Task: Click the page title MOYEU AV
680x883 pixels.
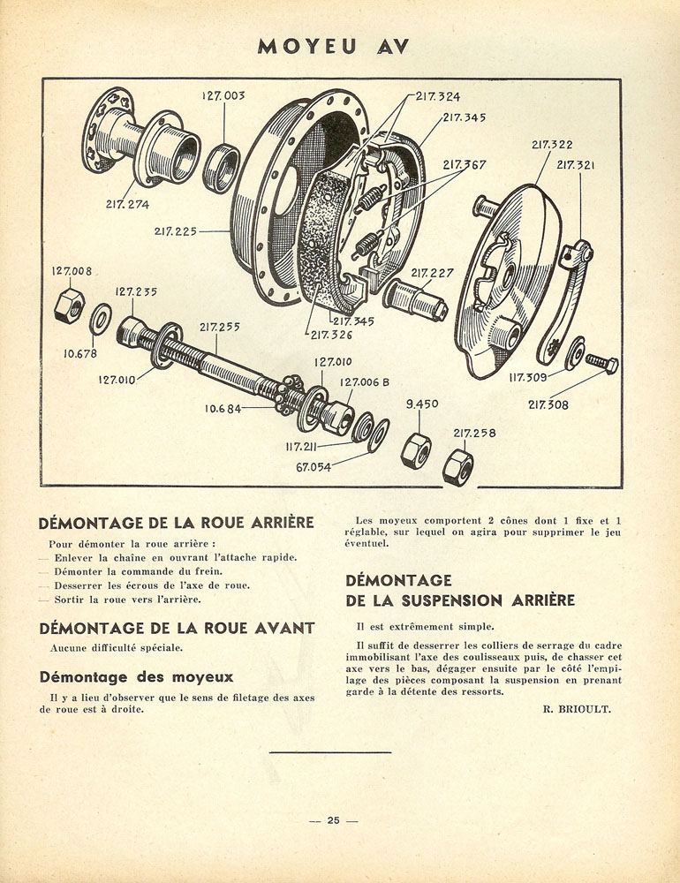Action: pyautogui.click(x=333, y=47)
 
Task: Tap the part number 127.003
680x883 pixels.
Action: pyautogui.click(x=223, y=95)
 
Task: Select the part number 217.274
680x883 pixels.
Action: pyautogui.click(x=127, y=205)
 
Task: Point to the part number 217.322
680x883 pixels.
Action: pyautogui.click(x=552, y=145)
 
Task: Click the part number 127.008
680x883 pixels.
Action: pyautogui.click(x=72, y=271)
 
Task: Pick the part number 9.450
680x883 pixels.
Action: pyautogui.click(x=422, y=404)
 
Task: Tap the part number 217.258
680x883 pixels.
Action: pyautogui.click(x=474, y=433)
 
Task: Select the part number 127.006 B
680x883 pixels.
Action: pyautogui.click(x=365, y=382)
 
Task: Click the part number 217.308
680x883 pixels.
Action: pyautogui.click(x=548, y=404)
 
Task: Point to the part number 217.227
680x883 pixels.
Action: pyautogui.click(x=432, y=273)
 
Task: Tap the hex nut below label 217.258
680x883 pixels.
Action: pyautogui.click(x=457, y=467)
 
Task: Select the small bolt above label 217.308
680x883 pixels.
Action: pyautogui.click(x=601, y=363)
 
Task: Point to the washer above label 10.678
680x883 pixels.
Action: pyautogui.click(x=101, y=319)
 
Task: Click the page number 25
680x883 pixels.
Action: pyautogui.click(x=334, y=820)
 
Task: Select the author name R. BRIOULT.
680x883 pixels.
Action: pyautogui.click(x=577, y=710)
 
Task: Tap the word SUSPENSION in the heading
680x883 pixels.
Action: pyautogui.click(x=452, y=600)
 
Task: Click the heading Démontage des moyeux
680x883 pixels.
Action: pyautogui.click(x=136, y=677)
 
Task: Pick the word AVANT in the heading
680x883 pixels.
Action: pyautogui.click(x=284, y=629)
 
